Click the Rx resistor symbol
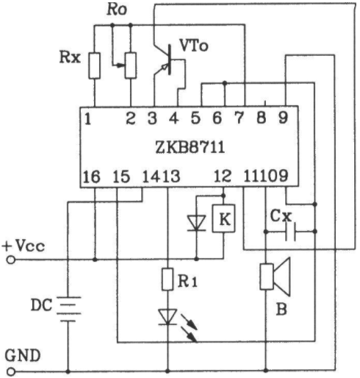(94, 65)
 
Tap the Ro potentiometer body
(131, 65)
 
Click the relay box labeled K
(223, 218)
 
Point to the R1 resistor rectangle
(168, 279)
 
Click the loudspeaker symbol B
(276, 277)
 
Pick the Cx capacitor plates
(290, 232)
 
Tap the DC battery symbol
(68, 309)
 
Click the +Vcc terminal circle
(11, 260)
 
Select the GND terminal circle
(11, 372)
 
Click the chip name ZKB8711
(190, 147)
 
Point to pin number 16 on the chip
(92, 176)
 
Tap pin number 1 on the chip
(87, 119)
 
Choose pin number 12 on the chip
(223, 176)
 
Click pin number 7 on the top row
(239, 118)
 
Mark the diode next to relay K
(196, 223)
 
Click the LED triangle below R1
(168, 317)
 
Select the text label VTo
(194, 46)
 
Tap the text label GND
(23, 356)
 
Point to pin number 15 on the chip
(121, 176)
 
